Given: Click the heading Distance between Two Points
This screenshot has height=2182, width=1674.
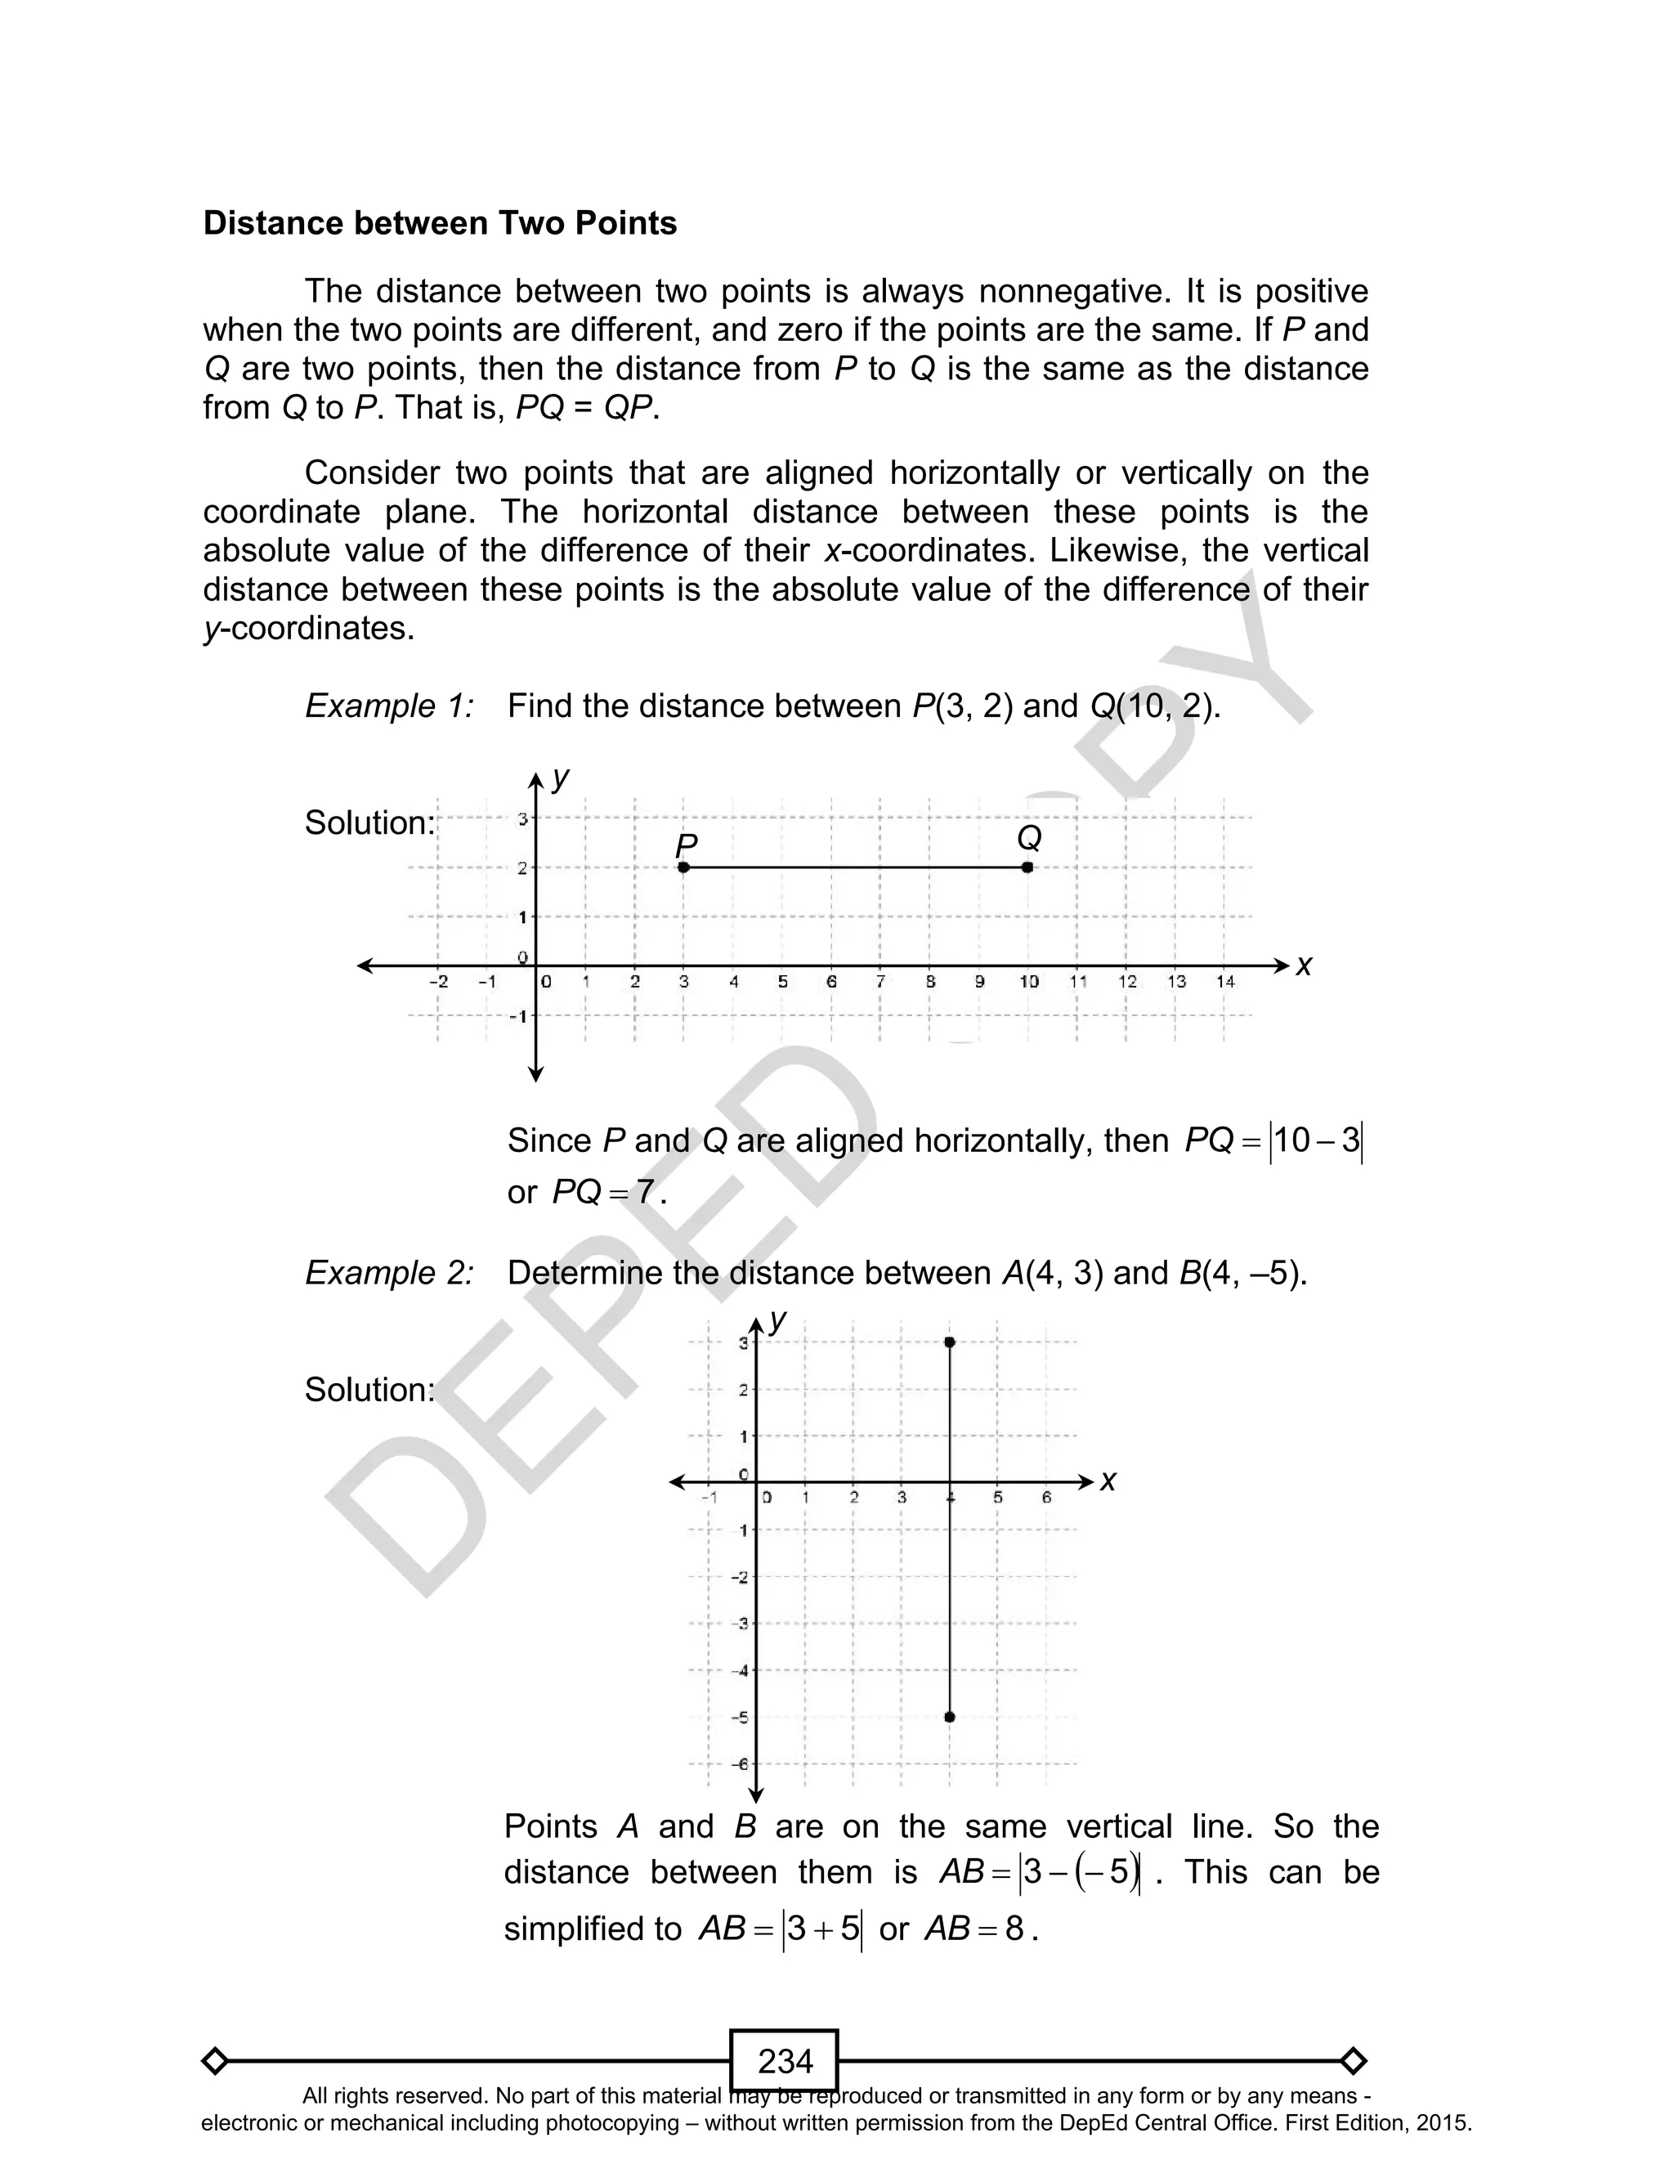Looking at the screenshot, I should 440,223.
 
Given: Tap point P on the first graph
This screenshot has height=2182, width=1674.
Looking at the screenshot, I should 683,867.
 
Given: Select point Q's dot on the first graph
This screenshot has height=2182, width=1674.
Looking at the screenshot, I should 1027,867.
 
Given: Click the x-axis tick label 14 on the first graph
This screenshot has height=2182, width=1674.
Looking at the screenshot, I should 1224,981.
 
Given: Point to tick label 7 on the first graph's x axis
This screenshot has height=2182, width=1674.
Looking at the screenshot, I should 880,981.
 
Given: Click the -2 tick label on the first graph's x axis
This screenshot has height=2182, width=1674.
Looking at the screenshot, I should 438,981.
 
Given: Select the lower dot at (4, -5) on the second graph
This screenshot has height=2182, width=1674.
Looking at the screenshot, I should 950,1716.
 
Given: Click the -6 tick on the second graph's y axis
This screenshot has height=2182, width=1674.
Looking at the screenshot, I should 741,1763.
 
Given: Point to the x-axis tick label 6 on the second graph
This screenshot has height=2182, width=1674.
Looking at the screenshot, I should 1046,1497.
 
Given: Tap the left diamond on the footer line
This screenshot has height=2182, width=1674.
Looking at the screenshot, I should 214,2059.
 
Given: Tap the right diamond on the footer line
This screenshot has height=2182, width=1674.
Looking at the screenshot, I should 1353,2059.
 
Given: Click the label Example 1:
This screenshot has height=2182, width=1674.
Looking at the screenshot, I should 388,706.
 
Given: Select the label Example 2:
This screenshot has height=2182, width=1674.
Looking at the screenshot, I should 388,1274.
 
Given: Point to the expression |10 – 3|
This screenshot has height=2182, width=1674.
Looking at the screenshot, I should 1315,1140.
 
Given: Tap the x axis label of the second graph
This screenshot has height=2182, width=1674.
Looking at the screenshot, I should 1108,1481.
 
